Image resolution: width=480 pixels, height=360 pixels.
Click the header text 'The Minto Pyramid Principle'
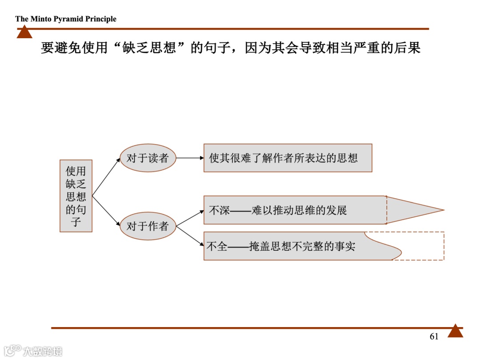coord(66,19)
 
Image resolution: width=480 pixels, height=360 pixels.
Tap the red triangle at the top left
coord(24,32)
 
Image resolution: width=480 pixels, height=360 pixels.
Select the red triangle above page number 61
coord(455,332)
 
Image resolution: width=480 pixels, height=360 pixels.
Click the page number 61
coord(434,336)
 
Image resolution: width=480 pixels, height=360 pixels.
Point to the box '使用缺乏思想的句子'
coord(76,196)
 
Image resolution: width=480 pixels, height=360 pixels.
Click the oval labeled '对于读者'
coord(148,158)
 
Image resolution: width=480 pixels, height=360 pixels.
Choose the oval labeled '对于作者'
coord(148,226)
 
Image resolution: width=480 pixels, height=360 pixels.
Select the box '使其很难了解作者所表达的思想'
coord(288,158)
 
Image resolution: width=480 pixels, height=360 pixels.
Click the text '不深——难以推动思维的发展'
coord(278,210)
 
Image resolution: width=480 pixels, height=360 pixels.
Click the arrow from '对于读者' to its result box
coord(190,158)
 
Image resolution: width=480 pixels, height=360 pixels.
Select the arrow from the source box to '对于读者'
coord(106,177)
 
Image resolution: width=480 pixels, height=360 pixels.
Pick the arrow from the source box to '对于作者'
coord(106,211)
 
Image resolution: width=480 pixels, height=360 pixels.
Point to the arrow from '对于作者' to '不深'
coord(190,218)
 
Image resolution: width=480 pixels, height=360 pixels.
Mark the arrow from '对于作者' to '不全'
coord(190,235)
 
